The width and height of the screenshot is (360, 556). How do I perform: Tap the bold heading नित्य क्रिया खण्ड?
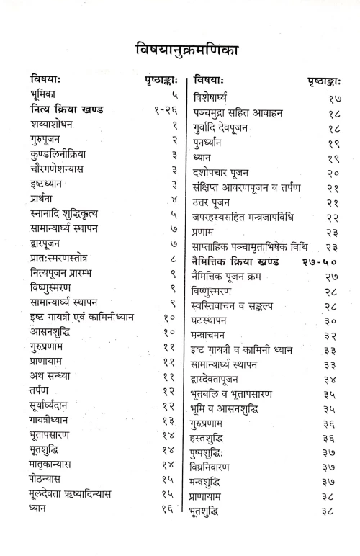point(67,110)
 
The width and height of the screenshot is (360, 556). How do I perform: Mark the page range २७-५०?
point(324,261)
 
